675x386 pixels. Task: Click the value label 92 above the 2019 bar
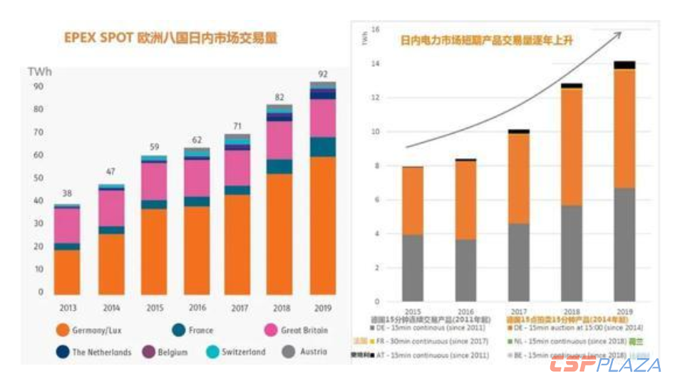323,74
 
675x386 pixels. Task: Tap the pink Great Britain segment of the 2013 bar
66,225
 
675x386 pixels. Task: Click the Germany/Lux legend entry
93,330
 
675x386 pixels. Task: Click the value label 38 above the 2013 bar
66,194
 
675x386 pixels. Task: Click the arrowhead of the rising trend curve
618,33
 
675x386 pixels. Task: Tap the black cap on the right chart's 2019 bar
624,65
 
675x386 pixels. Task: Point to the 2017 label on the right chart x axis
518,312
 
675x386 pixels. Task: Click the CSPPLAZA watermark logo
604,365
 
